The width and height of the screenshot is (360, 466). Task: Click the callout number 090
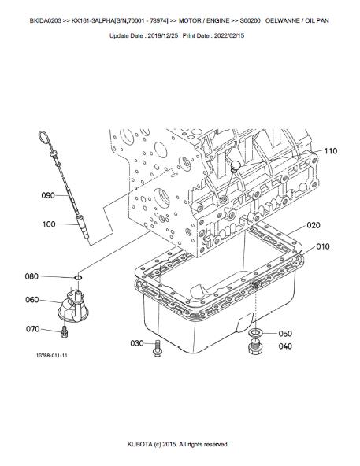(x=48, y=195)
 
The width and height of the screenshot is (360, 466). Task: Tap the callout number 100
(x=49, y=224)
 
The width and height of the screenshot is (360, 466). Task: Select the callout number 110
(x=331, y=151)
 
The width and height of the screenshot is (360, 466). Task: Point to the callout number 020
(x=314, y=225)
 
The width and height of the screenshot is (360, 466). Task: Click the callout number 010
(x=322, y=246)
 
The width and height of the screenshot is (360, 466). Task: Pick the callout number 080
(x=32, y=276)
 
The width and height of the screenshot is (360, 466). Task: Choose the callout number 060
(x=32, y=300)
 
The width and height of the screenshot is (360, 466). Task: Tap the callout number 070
(x=33, y=329)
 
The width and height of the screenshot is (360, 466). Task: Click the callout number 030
(x=137, y=343)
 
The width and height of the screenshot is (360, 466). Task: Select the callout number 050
(x=285, y=334)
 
